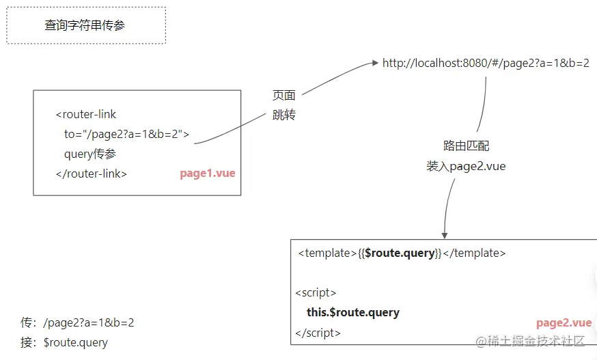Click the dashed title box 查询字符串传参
pyautogui.click(x=85, y=25)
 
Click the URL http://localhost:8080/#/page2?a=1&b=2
pyautogui.click(x=486, y=63)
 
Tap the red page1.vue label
pyautogui.click(x=208, y=174)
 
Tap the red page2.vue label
pyautogui.click(x=564, y=323)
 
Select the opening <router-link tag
pyautogui.click(x=86, y=114)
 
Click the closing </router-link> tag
pyautogui.click(x=92, y=174)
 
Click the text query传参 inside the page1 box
pyautogui.click(x=90, y=154)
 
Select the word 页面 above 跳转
pyautogui.click(x=284, y=96)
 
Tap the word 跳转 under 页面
pyautogui.click(x=284, y=115)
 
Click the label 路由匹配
pyautogui.click(x=466, y=146)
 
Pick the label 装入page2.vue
pyautogui.click(x=466, y=166)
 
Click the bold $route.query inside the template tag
pyautogui.click(x=400, y=253)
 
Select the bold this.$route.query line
pyautogui.click(x=353, y=312)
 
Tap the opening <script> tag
pyautogui.click(x=316, y=292)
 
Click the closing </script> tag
pyautogui.click(x=318, y=333)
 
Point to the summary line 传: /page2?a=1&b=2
pyautogui.click(x=77, y=322)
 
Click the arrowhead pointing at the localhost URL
pyautogui.click(x=374, y=63)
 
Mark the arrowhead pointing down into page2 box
pyautogui.click(x=445, y=234)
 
